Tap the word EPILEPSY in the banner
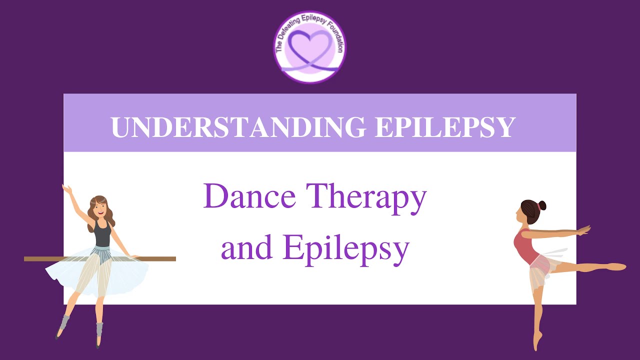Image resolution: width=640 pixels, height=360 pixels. tap(444, 127)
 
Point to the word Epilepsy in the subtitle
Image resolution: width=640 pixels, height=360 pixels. tap(345, 248)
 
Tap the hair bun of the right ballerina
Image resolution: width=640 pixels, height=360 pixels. tap(542, 205)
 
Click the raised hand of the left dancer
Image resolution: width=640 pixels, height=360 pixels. tap(65, 189)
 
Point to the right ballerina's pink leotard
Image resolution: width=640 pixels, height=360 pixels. tap(525, 247)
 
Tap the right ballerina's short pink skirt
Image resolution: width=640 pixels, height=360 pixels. tap(540, 270)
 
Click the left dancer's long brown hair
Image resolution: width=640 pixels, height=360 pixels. tap(90, 215)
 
